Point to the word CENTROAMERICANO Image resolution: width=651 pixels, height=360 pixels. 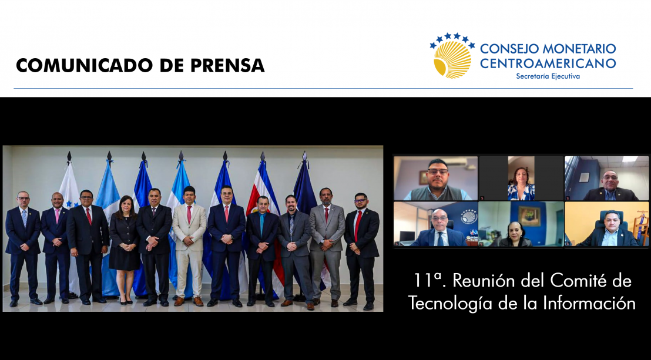[548, 63]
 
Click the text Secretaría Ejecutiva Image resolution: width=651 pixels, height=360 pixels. [548, 76]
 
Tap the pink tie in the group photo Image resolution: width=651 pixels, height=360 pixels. [58, 216]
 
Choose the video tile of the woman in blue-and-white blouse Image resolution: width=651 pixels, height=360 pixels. [521, 178]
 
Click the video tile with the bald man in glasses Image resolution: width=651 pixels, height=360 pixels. [436, 224]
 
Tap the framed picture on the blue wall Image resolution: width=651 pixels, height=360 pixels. [529, 216]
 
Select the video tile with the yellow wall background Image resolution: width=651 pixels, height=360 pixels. [606, 224]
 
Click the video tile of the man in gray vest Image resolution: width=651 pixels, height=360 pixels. [436, 178]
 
